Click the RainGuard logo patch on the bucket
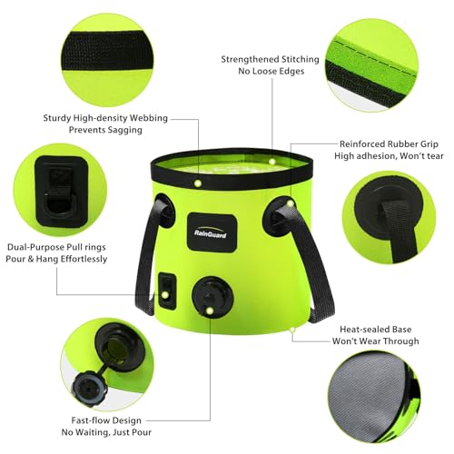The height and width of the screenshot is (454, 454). tap(212, 232)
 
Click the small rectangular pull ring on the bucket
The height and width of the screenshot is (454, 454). tap(168, 291)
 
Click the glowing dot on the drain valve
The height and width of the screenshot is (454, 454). tap(210, 310)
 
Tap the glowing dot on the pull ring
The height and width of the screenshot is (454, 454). tap(165, 294)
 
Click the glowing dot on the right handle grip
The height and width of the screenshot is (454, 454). tap(291, 203)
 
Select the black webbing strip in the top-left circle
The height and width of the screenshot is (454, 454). tap(107, 51)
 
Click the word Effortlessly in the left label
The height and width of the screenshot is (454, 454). tap(84, 260)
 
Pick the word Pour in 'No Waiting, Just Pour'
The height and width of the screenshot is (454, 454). tap(141, 432)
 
